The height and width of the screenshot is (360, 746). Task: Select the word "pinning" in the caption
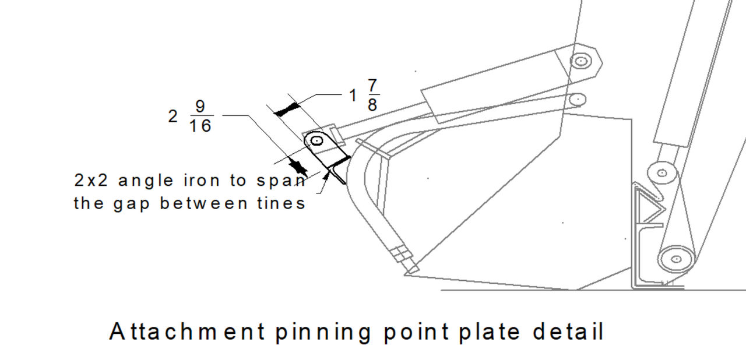pyautogui.click(x=322, y=333)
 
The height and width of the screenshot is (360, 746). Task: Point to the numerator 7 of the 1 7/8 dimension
pyautogui.click(x=372, y=86)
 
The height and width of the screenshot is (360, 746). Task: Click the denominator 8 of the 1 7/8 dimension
pyautogui.click(x=372, y=105)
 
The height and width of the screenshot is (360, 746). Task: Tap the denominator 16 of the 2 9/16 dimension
pyautogui.click(x=200, y=125)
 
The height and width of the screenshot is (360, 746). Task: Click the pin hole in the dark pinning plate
pyautogui.click(x=316, y=140)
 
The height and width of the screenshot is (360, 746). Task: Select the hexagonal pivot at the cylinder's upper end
pyautogui.click(x=580, y=61)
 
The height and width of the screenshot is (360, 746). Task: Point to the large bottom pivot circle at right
pyautogui.click(x=676, y=258)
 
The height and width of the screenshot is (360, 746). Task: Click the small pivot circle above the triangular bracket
pyautogui.click(x=661, y=172)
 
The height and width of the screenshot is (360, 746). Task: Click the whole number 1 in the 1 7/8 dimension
pyautogui.click(x=353, y=96)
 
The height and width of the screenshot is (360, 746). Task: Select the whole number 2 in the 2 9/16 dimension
pyautogui.click(x=173, y=117)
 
